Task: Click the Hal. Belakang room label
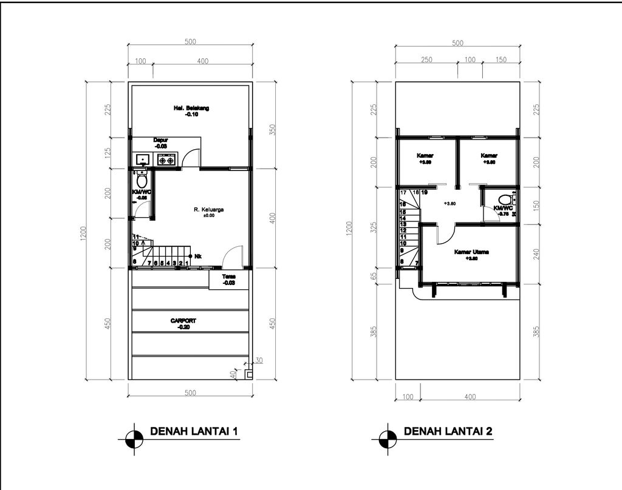tap(191, 108)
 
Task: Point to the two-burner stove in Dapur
tap(166, 160)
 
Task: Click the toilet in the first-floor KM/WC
tap(142, 180)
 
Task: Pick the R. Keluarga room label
tap(209, 210)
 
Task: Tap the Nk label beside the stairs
tap(198, 256)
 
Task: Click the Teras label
tap(229, 276)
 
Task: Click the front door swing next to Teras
tap(234, 257)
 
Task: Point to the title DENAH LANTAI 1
tap(193, 432)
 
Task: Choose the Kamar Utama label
tap(472, 252)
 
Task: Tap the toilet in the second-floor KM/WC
tap(504, 200)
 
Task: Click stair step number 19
tap(424, 193)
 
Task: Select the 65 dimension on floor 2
tap(374, 275)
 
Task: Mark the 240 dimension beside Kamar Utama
tap(536, 255)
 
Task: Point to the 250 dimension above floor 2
tap(426, 60)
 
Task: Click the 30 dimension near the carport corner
tap(259, 360)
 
